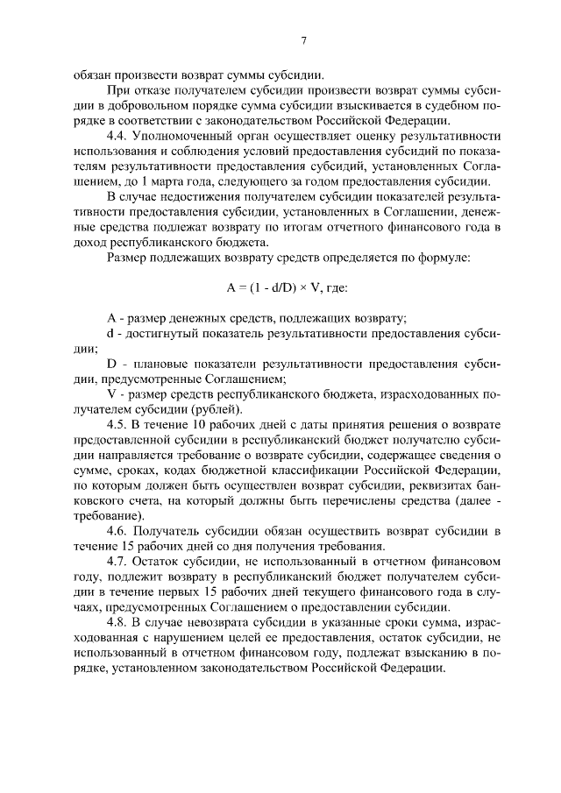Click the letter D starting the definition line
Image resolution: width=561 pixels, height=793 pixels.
[x=111, y=363]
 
